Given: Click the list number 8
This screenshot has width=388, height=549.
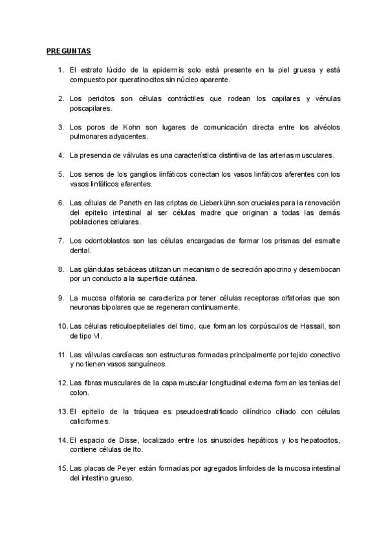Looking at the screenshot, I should (60, 269).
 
